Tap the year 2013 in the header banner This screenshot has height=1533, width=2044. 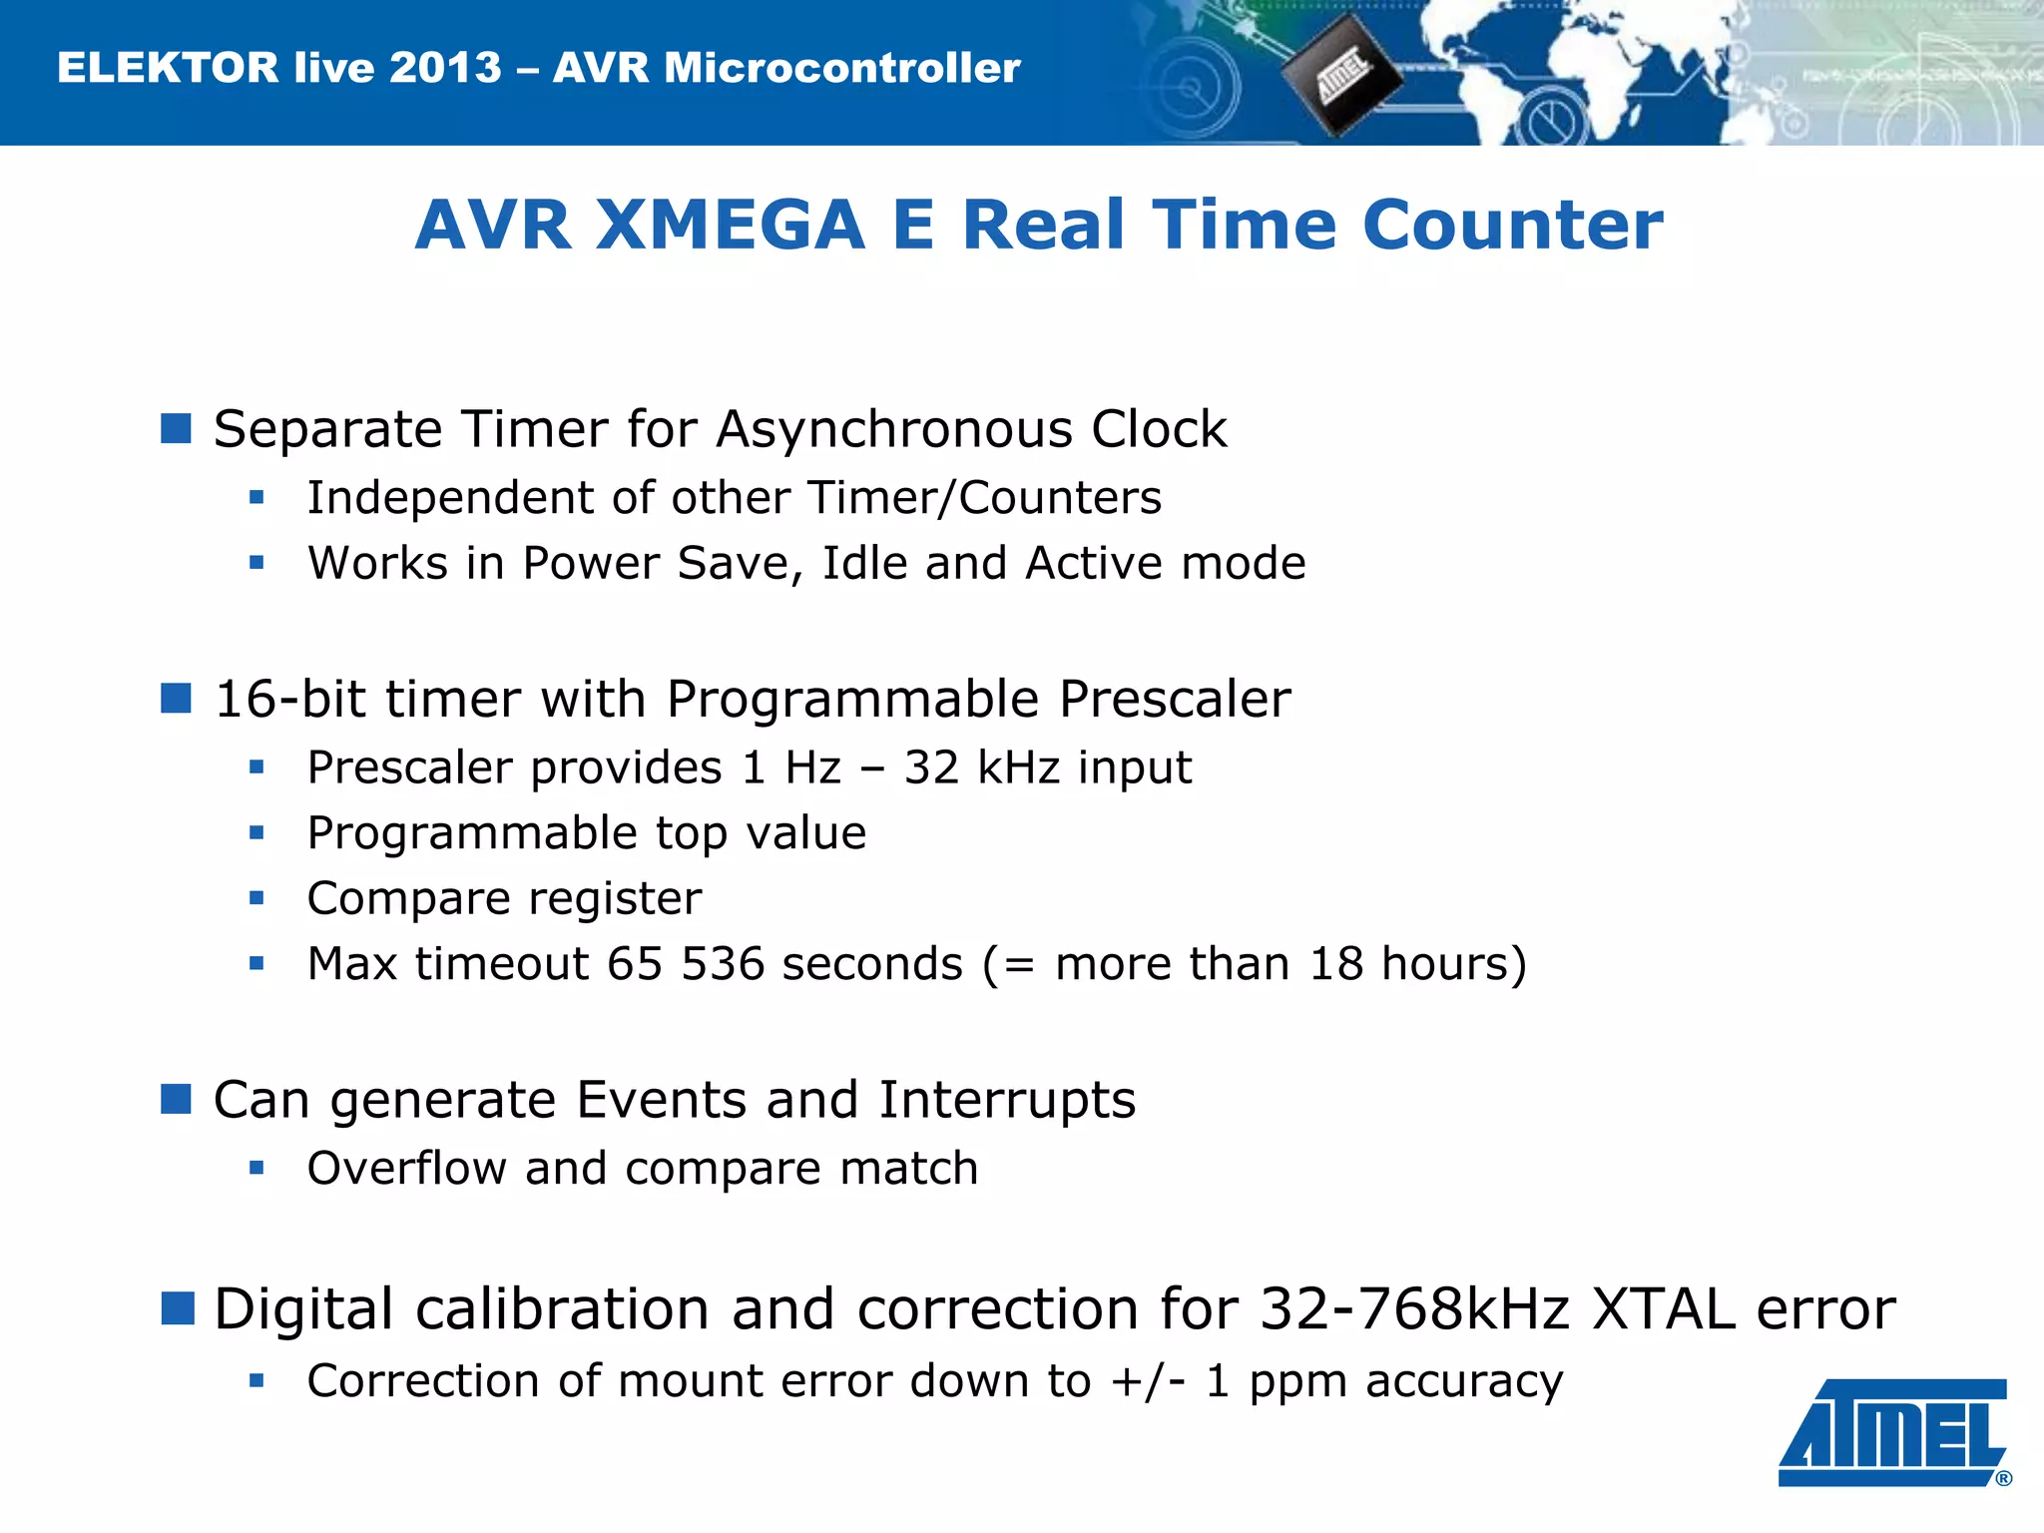point(445,68)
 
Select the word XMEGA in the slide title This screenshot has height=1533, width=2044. point(730,225)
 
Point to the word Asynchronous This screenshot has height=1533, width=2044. point(893,429)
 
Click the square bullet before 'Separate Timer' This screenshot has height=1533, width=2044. point(176,429)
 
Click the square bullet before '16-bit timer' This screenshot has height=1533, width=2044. point(176,699)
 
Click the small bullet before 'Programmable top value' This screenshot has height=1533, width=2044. point(256,832)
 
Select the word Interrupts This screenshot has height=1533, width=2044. point(1007,1100)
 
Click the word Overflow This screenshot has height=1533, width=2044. point(406,1169)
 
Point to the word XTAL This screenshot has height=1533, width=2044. point(1664,1308)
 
